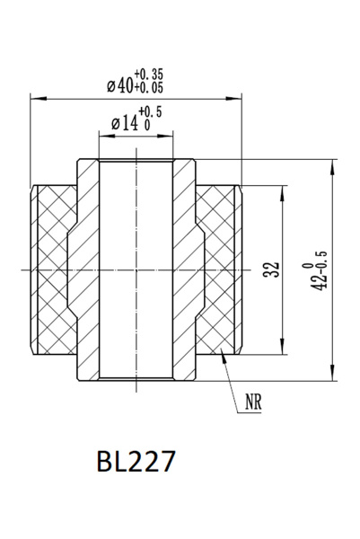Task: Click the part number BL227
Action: (136, 462)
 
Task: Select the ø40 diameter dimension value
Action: (119, 85)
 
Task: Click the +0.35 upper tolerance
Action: (149, 73)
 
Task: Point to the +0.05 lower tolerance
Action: (149, 88)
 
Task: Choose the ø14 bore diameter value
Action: (126, 122)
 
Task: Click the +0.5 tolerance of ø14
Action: (152, 113)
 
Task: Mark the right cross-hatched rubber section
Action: (218, 269)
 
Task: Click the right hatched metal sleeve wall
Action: (186, 269)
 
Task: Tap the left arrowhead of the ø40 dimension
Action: (35, 95)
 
